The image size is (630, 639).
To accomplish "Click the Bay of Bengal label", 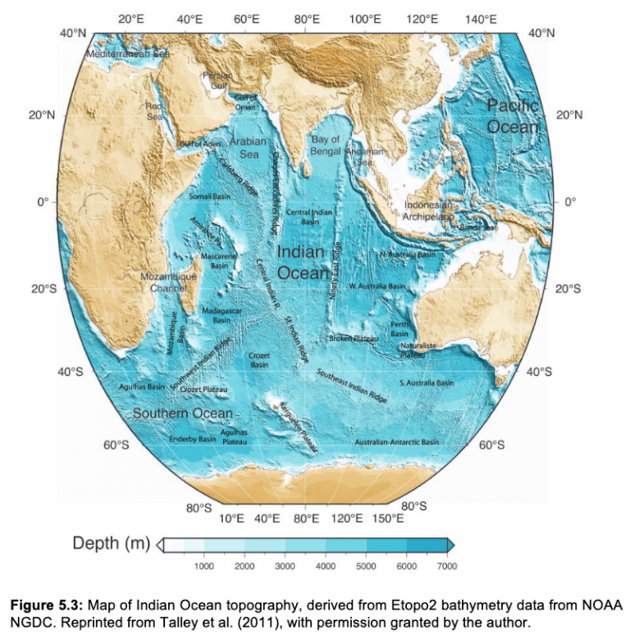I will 326,145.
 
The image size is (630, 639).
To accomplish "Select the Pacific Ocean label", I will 513,116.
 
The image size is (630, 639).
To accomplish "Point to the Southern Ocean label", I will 183,413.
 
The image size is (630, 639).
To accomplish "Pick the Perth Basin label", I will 399,329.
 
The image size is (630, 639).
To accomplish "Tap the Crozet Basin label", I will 259,359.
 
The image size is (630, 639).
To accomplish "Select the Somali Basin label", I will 210,197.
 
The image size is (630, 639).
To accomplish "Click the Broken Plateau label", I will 353,339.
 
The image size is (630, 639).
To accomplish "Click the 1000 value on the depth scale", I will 203,566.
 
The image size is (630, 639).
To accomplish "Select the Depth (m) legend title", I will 111,543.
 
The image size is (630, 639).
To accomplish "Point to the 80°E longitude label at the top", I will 307,19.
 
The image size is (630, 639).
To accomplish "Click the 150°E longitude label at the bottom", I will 388,518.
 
